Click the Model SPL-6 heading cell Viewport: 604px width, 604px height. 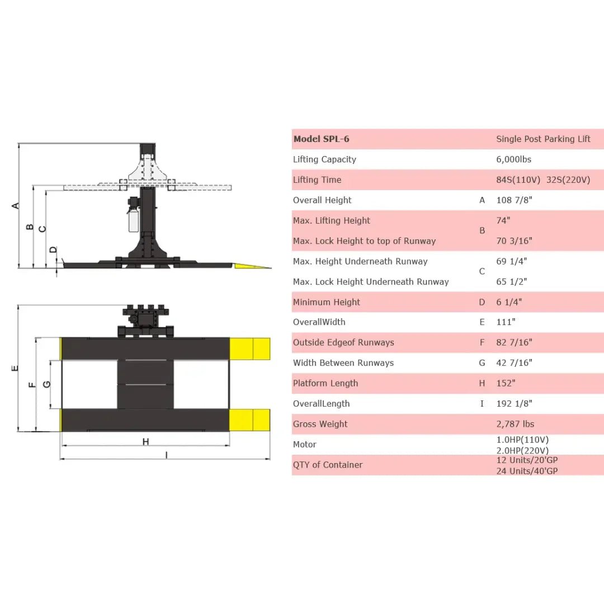coord(321,139)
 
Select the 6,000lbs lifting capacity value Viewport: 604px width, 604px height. coord(513,159)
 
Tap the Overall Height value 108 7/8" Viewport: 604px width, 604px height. coord(517,200)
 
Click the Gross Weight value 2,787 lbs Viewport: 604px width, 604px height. coord(515,424)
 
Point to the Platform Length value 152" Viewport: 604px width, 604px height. coord(506,383)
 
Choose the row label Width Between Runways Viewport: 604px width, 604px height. coord(343,363)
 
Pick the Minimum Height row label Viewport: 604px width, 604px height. coord(326,302)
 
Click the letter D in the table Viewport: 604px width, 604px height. coord(482,302)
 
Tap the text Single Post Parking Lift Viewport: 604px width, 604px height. coord(543,139)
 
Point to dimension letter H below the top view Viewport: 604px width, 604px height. coord(145,442)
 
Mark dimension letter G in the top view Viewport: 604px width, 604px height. coord(47,384)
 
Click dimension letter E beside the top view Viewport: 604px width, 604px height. coord(15,368)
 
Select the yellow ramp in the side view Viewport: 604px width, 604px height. coord(251,266)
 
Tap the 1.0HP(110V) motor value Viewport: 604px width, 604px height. coord(522,440)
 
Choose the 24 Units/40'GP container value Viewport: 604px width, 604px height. coord(527,471)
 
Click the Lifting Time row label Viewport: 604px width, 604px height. coord(317,180)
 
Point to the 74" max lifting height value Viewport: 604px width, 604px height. coord(503,220)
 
